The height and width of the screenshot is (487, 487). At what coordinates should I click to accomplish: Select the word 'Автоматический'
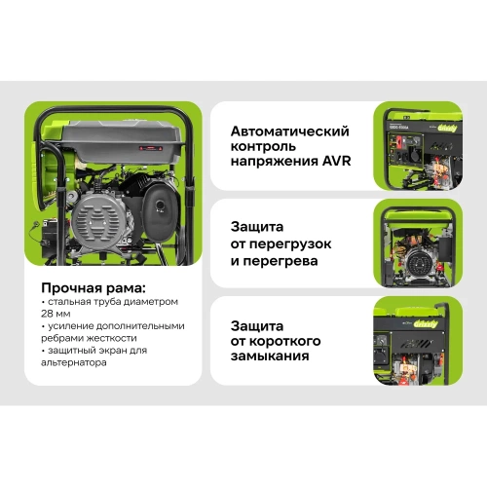pyautogui.click(x=289, y=131)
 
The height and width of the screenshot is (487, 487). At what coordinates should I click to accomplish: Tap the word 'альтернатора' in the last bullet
pyautogui.click(x=82, y=363)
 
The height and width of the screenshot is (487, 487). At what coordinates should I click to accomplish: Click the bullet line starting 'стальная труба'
pyautogui.click(x=107, y=303)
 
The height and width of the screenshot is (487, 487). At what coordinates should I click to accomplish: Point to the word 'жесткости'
pyautogui.click(x=116, y=339)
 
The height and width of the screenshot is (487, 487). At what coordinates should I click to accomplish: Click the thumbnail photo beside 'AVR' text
pyautogui.click(x=420, y=145)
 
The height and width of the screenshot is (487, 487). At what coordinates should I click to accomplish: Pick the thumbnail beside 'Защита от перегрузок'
pyautogui.click(x=420, y=247)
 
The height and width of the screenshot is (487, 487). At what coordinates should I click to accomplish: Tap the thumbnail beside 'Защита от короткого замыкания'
pyautogui.click(x=420, y=342)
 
